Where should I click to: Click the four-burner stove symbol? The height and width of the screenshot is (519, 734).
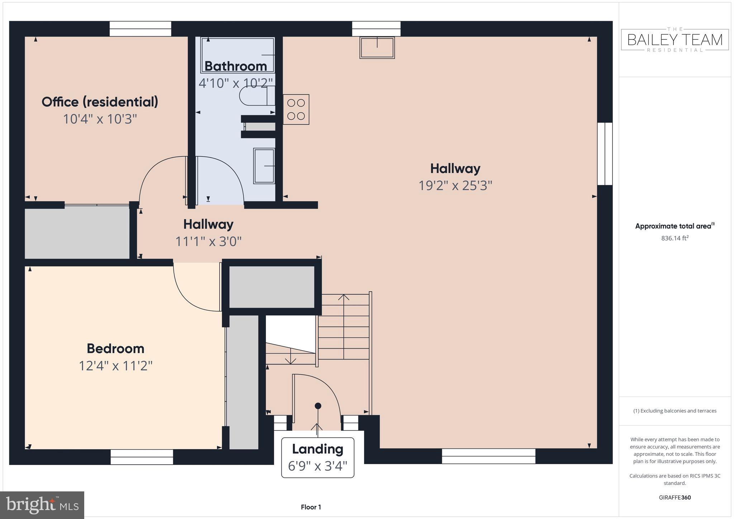point(296,109)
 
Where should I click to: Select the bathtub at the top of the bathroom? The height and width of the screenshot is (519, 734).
point(238,55)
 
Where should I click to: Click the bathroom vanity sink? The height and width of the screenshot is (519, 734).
point(264,166)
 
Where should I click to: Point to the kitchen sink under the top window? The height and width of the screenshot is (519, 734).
point(377,48)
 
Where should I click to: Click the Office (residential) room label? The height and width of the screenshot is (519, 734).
point(100,102)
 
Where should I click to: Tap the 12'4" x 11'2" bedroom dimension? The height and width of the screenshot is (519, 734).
point(116,366)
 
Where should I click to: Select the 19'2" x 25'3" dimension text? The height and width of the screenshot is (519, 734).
point(455,186)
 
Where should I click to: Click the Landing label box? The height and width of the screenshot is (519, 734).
point(318,457)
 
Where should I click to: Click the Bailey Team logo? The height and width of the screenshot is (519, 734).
point(675,40)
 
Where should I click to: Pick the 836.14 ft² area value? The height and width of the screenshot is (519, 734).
point(675,238)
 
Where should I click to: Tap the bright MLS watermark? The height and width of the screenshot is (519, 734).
point(42,505)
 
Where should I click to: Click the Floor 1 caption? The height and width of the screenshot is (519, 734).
point(311,507)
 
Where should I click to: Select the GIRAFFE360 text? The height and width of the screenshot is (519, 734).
point(675,497)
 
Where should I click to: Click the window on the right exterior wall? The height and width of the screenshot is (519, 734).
point(605,154)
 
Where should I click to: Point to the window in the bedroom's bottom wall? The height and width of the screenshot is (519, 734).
point(142,457)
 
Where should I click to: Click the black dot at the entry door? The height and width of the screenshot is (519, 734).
point(318,406)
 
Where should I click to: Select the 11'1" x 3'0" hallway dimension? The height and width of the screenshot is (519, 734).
point(208,242)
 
